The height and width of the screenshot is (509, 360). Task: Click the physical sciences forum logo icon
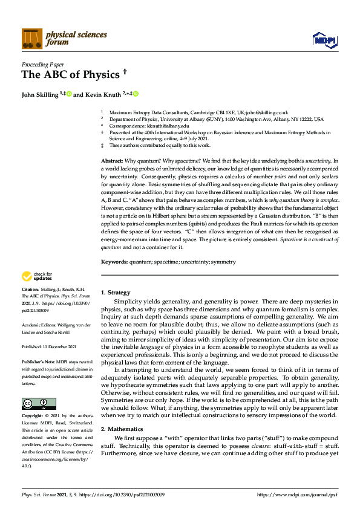point(32,39)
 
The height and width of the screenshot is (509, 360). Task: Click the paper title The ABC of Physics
point(70,74)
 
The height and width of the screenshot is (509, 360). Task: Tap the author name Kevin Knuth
point(103,95)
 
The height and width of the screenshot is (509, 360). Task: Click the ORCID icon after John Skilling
point(70,94)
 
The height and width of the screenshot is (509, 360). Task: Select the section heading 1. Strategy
point(115,292)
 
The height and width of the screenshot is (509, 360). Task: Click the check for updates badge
point(38,276)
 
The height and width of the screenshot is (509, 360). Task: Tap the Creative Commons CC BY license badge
point(39,386)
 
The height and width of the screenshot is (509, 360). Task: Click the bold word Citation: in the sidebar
point(30,290)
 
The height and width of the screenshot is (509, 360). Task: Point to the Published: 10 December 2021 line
point(48,347)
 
